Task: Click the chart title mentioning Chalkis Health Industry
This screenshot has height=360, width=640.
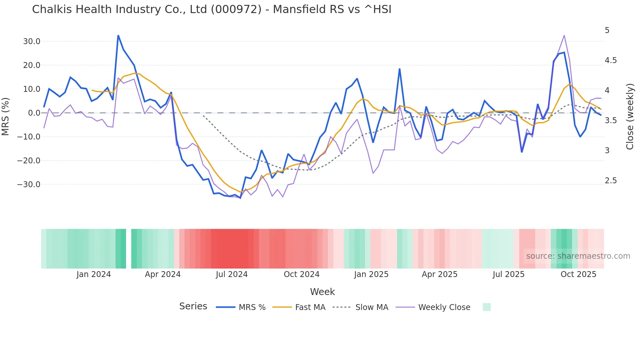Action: point(212,9)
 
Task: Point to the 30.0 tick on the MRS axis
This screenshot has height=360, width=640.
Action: point(32,41)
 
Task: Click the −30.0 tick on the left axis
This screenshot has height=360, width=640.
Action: point(29,185)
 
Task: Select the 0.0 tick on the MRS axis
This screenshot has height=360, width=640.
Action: point(34,113)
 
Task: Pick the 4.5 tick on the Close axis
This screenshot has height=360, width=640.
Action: point(611,60)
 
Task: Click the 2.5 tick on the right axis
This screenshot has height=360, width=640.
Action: point(611,181)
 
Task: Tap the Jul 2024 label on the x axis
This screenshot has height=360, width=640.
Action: point(232,274)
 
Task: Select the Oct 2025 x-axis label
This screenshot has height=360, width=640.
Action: point(578,274)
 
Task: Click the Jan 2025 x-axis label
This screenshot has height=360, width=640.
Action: point(371,274)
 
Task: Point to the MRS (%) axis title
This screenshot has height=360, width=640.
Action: point(6,117)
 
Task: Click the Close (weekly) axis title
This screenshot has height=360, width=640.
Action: point(630,117)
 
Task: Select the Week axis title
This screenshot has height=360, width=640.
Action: point(322,292)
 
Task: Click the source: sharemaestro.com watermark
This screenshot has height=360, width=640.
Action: point(578,256)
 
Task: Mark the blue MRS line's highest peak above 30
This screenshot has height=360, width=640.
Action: point(118,36)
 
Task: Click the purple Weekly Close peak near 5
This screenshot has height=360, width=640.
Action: point(564,36)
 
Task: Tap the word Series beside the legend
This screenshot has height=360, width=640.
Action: point(193,306)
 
